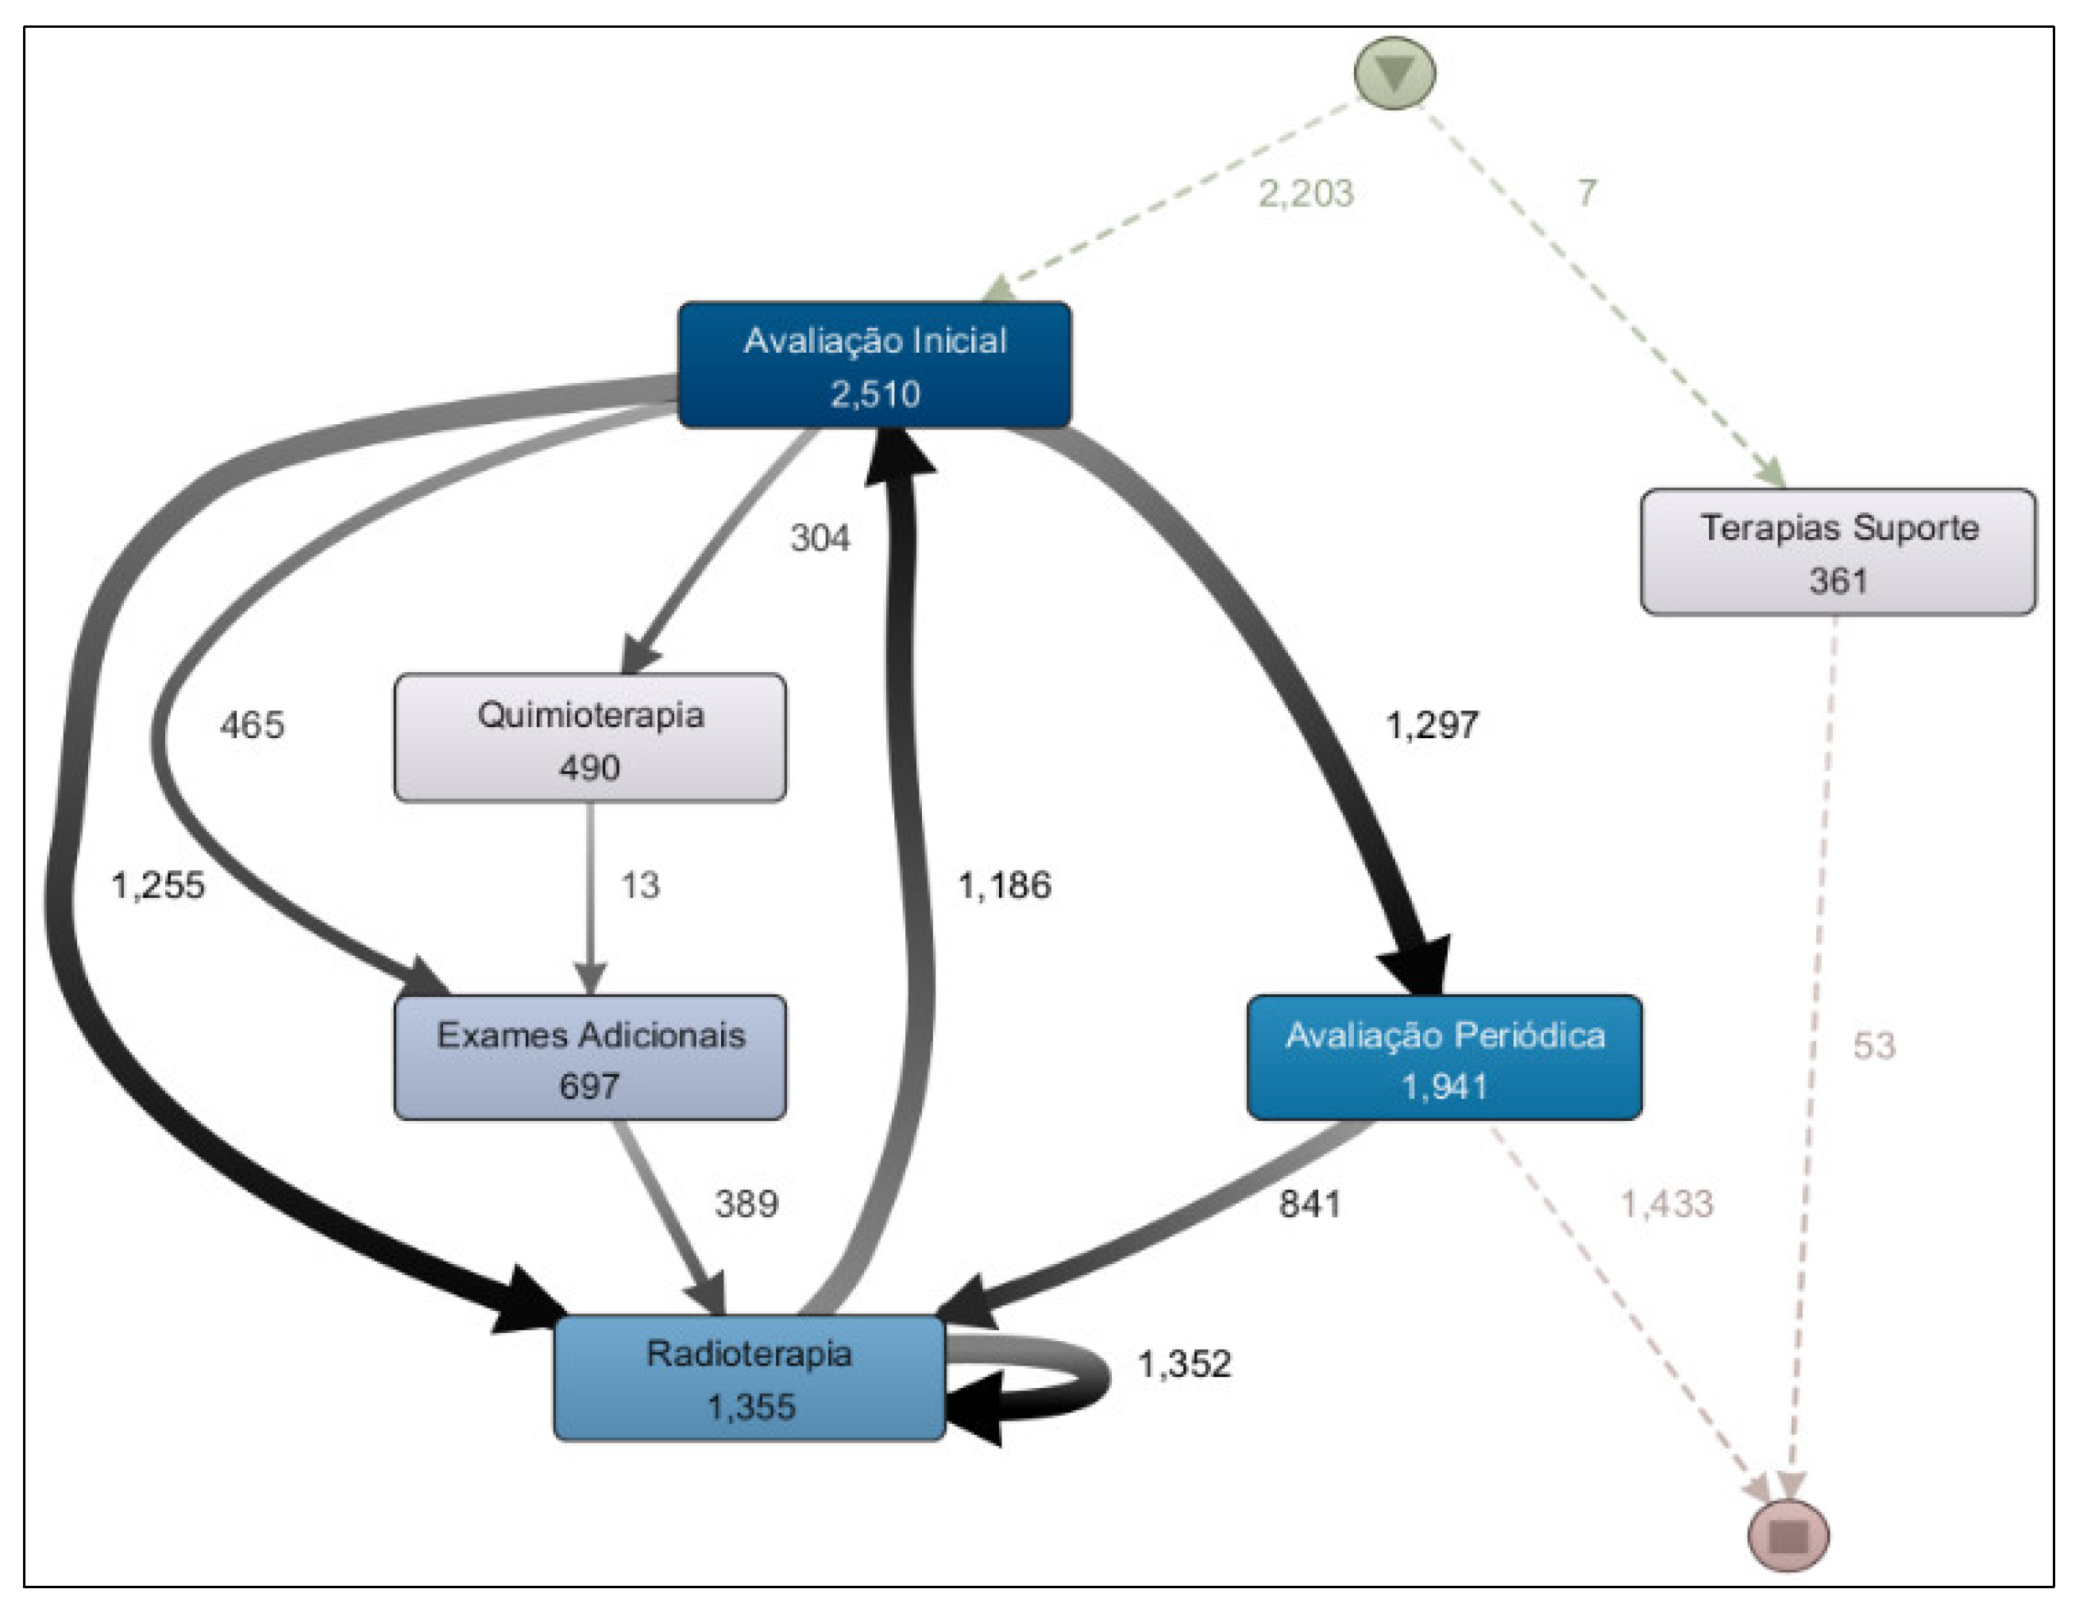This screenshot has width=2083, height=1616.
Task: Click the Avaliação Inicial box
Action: click(x=874, y=365)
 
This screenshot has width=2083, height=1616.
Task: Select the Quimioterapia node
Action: click(x=590, y=738)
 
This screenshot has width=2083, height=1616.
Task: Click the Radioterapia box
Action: click(x=750, y=1378)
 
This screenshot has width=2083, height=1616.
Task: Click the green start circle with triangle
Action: click(x=1394, y=73)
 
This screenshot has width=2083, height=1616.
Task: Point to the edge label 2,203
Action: click(x=1306, y=194)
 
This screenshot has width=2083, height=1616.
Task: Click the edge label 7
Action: click(x=1586, y=194)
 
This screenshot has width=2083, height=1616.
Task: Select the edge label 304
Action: click(x=820, y=539)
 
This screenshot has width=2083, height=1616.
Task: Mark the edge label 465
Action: click(x=252, y=726)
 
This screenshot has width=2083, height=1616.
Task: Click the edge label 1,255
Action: click(x=158, y=886)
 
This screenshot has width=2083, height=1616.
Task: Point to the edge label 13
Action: click(x=640, y=886)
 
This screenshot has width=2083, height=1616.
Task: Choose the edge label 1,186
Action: click(x=1005, y=886)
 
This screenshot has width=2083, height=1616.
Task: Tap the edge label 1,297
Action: click(x=1432, y=726)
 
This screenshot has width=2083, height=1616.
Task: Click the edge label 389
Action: click(x=746, y=1204)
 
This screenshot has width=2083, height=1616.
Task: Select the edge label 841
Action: click(x=1310, y=1204)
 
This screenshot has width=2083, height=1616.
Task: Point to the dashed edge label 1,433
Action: click(x=1667, y=1204)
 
